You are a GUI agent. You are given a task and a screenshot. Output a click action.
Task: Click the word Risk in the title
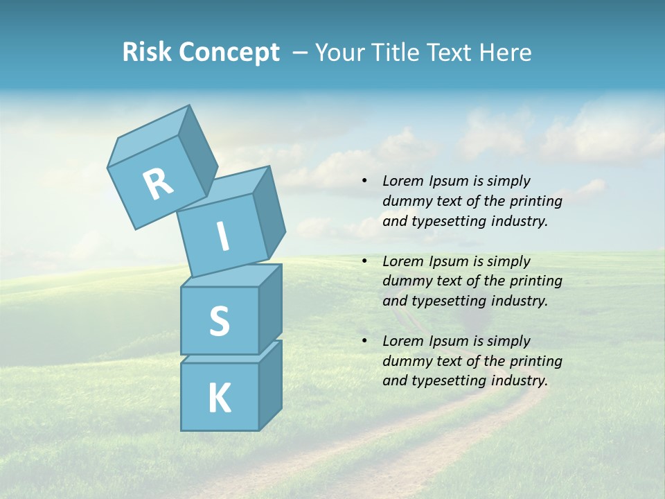pyautogui.click(x=147, y=53)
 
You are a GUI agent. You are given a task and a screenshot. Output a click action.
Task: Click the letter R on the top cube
pyautogui.click(x=158, y=185)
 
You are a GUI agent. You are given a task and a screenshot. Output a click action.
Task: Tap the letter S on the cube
pyautogui.click(x=219, y=321)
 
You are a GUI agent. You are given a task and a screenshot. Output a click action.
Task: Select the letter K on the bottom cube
pyautogui.click(x=219, y=398)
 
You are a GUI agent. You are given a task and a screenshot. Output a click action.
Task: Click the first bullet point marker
pyautogui.click(x=364, y=182)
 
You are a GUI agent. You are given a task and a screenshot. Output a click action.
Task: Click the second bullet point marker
pyautogui.click(x=364, y=261)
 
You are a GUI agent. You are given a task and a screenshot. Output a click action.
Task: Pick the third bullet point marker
pyautogui.click(x=364, y=341)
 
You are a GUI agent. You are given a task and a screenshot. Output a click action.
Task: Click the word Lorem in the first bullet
pyautogui.click(x=401, y=182)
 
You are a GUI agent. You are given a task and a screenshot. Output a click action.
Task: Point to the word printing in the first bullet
pyautogui.click(x=536, y=202)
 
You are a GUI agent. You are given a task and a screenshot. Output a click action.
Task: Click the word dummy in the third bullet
pyautogui.click(x=403, y=361)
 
